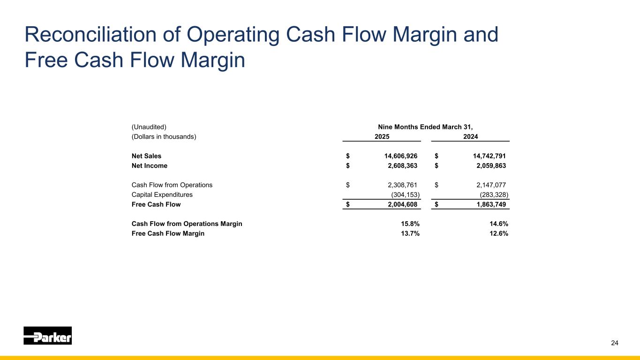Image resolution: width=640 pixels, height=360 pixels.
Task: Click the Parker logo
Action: tap(48, 336)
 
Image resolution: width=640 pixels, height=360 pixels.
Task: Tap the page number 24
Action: tap(615, 343)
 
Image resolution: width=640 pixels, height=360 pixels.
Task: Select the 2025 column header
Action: tap(382, 137)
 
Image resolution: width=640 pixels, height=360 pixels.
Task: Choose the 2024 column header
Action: tap(470, 137)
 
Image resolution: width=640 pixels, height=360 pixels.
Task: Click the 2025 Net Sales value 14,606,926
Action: tap(398, 156)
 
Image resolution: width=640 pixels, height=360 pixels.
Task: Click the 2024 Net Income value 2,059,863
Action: tap(486, 165)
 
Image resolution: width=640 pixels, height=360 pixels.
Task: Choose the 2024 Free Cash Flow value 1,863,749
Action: tap(486, 204)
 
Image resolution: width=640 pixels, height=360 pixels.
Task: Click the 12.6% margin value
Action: tap(498, 233)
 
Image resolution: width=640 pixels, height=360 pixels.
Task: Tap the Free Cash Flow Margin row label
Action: tap(168, 233)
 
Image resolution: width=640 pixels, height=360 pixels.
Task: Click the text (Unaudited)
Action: tap(149, 127)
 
